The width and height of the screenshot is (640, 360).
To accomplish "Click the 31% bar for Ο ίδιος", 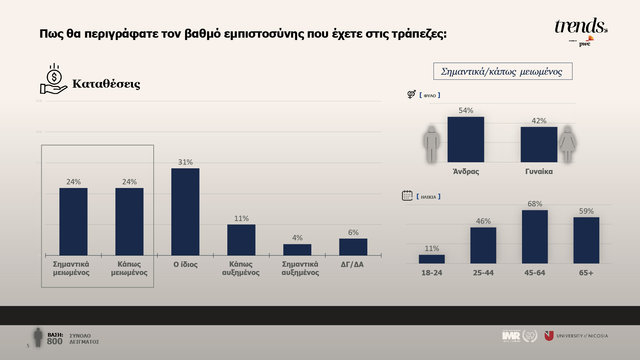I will point(185,212).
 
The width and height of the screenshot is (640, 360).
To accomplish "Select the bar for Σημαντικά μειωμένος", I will point(73,222).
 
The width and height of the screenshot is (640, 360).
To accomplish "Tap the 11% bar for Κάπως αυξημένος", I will point(241,240).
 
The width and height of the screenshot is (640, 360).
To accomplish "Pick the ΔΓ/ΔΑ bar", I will point(353,247).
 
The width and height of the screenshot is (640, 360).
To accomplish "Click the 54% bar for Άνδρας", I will point(466,139).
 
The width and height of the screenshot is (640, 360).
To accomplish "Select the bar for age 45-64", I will point(535,237).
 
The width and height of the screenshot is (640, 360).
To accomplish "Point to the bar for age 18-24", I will point(432,259).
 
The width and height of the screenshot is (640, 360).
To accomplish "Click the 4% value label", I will point(297,238).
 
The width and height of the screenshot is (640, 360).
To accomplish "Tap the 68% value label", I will point(535,204).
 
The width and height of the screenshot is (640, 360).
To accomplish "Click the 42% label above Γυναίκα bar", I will point(539,121).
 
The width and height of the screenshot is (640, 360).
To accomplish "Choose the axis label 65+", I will point(586,273).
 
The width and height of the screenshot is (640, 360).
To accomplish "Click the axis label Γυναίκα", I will point(539,171).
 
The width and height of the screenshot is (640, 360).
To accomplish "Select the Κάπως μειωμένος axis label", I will point(129,268).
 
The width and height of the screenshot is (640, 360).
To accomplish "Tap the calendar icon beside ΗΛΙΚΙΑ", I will point(407,196).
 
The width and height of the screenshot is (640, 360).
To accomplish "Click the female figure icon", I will point(567,144).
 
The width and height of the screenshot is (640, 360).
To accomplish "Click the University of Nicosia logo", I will point(576,336).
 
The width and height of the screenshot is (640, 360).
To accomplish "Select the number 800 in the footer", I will point(55,341).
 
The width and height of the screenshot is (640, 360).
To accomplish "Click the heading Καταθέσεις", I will point(106,84).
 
